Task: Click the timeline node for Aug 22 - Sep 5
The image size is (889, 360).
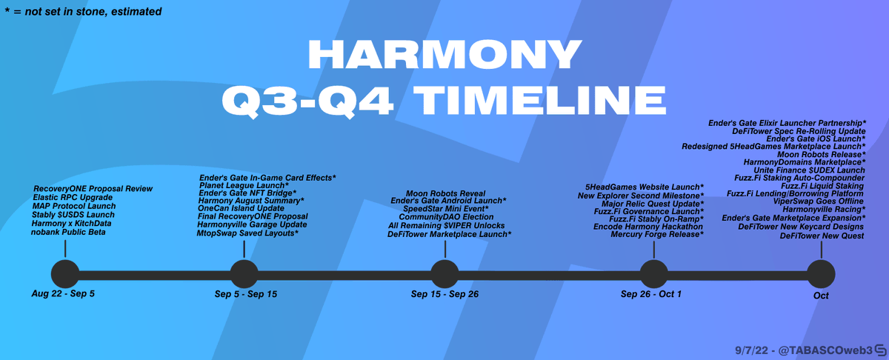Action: click(x=65, y=274)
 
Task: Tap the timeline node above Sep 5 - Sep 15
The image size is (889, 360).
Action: click(x=244, y=274)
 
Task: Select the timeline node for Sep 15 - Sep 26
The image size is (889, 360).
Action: click(x=444, y=274)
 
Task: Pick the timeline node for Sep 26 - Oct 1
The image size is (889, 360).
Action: click(x=653, y=274)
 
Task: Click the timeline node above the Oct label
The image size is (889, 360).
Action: click(x=821, y=274)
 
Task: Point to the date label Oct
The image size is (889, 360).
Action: click(x=821, y=296)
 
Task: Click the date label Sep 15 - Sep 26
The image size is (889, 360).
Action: click(x=444, y=294)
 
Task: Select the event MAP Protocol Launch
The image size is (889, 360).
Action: click(x=74, y=206)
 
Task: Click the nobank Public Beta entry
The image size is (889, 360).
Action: click(x=68, y=232)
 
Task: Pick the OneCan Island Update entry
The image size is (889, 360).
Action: click(x=241, y=208)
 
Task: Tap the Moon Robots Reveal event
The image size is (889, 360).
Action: click(x=446, y=193)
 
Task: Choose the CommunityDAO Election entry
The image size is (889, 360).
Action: click(x=446, y=217)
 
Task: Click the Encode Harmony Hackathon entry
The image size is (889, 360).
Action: click(x=648, y=226)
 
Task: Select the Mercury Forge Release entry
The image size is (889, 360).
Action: click(x=657, y=235)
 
